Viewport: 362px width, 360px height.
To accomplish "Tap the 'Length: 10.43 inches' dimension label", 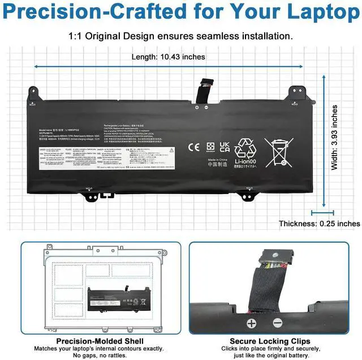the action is [169, 57].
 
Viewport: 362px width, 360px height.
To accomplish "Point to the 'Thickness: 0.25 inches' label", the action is [320, 224].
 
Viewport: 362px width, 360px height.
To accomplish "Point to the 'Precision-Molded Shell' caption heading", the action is [100, 341].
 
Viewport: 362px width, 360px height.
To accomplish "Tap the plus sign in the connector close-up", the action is [251, 323].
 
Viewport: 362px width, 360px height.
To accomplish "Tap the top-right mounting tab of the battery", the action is [294, 92].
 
